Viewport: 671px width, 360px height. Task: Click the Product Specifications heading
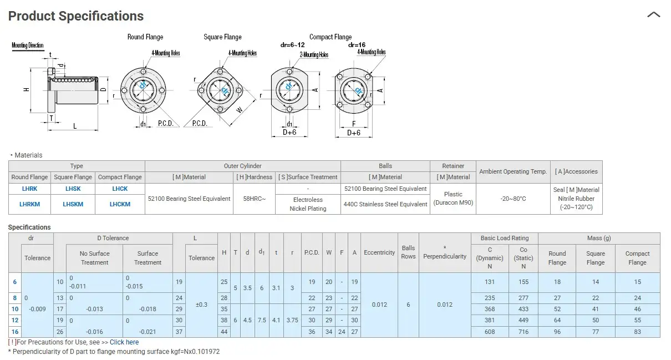click(76, 16)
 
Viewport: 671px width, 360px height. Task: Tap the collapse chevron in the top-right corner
click(654, 14)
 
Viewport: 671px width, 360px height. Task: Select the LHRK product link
click(29, 189)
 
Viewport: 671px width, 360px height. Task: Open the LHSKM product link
click(73, 204)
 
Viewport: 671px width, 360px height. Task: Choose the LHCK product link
click(120, 189)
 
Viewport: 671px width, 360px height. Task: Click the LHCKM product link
click(120, 204)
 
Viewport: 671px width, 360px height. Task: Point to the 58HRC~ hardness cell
click(255, 199)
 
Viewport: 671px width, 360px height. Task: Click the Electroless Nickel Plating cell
click(308, 204)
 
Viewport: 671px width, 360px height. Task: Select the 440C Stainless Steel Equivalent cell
click(385, 204)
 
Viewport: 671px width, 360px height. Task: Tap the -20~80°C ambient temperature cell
click(513, 199)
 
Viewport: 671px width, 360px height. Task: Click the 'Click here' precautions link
click(124, 342)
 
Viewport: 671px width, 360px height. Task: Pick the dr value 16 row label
click(15, 332)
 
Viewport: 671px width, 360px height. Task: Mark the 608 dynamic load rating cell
click(490, 332)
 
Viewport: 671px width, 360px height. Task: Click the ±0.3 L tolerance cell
click(201, 305)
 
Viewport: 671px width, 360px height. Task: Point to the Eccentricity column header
click(379, 252)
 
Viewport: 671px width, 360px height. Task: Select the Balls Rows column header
click(408, 252)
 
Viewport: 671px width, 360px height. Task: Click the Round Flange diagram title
click(145, 37)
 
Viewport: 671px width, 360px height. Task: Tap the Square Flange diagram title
click(222, 37)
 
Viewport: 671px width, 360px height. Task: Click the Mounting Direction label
click(28, 45)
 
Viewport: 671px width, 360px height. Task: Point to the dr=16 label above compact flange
click(357, 45)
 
